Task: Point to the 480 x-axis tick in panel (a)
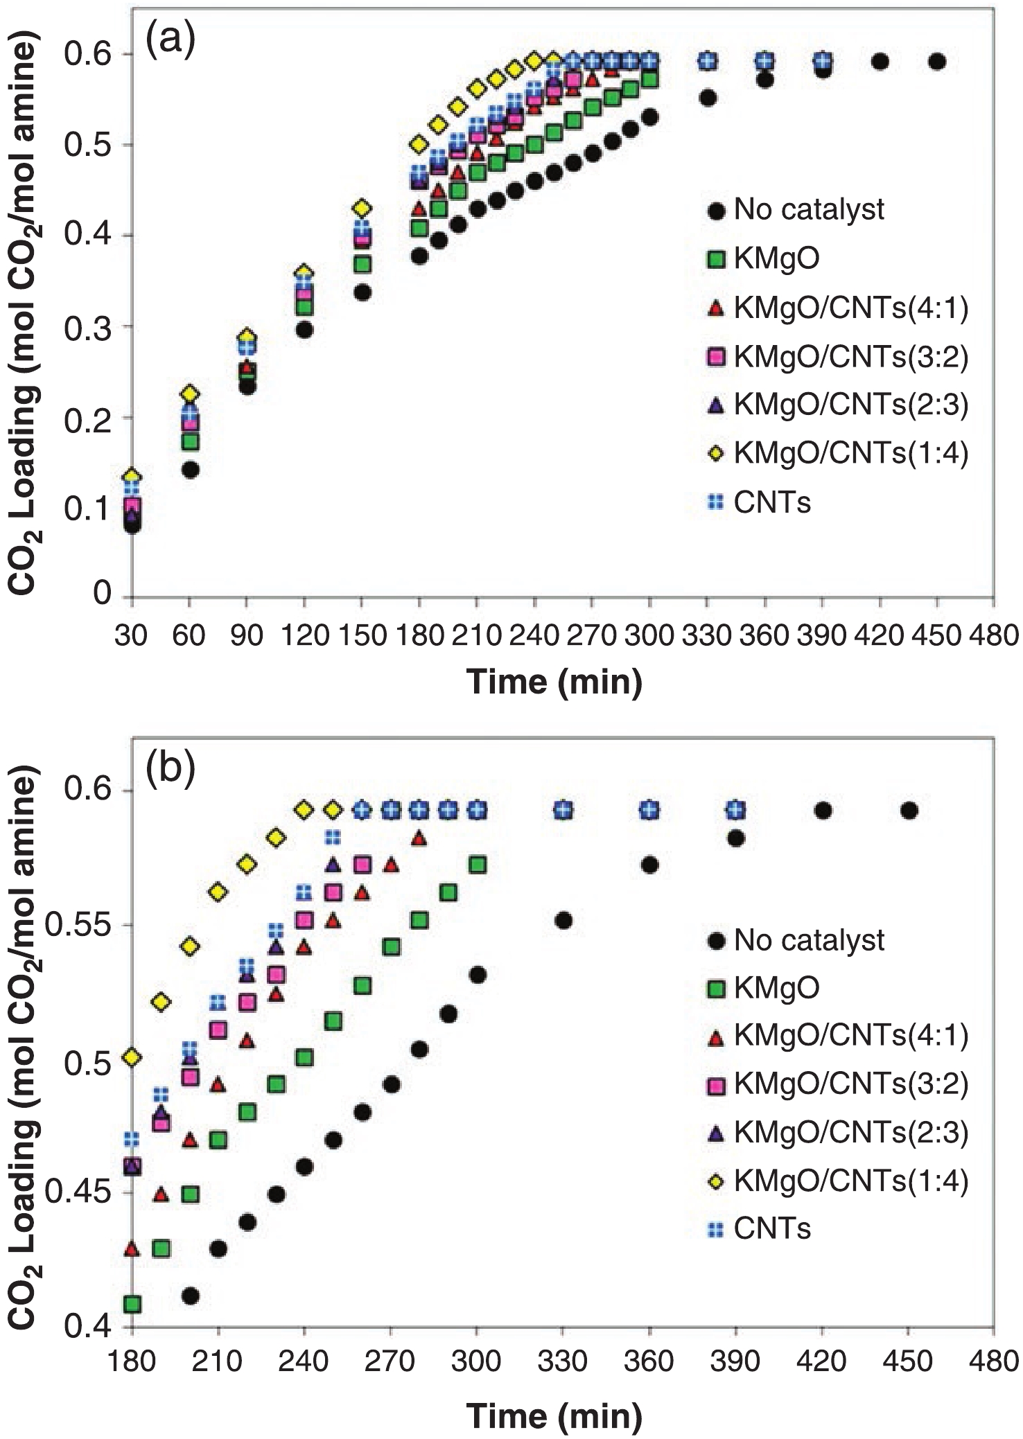[x=994, y=635]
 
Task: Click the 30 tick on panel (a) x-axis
[x=131, y=635]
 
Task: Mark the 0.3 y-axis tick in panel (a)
[x=88, y=326]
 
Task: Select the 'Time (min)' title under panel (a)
[x=554, y=682]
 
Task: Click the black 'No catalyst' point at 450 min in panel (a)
[x=936, y=62]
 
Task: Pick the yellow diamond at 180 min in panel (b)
[x=132, y=1057]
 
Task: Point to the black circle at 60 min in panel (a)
[x=190, y=470]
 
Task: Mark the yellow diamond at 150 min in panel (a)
[x=361, y=208]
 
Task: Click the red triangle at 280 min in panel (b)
[x=419, y=838]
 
